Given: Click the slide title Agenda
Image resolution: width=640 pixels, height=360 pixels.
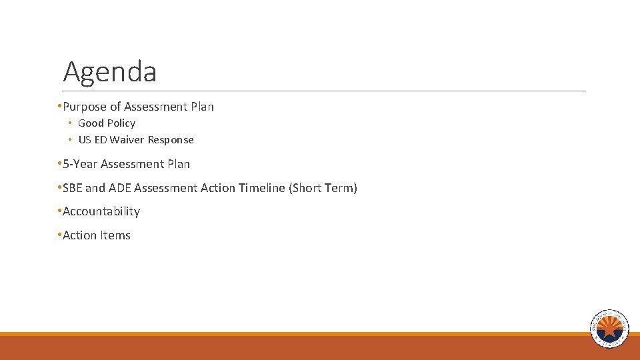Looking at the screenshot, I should point(110,72).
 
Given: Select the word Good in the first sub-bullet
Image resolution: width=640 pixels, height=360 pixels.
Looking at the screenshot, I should point(91,123).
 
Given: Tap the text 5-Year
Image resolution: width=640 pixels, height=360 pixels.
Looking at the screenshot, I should point(80,164).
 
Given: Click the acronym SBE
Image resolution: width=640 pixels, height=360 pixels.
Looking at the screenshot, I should point(73,188).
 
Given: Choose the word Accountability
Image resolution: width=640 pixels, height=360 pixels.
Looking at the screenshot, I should point(101,211).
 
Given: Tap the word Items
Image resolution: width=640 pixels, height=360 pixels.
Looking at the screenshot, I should point(115,235).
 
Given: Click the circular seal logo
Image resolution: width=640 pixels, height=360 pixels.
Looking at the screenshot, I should point(609,329).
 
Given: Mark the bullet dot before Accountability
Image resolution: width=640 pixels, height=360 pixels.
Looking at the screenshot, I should point(59,211).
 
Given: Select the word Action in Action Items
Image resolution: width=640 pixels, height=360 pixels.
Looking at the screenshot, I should point(79,235).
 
